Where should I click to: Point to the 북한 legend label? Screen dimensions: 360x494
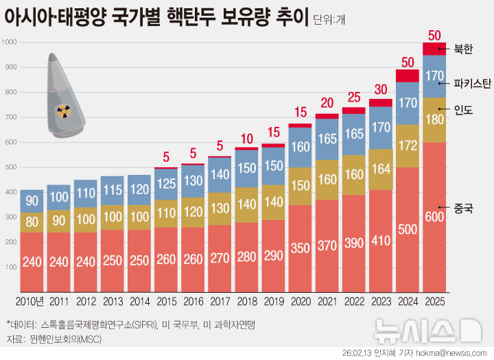click(464, 49)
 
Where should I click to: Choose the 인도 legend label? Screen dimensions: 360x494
click(464, 110)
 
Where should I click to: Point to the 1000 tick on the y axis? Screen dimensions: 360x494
click(10, 43)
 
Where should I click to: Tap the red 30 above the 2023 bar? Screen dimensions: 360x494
click(380, 89)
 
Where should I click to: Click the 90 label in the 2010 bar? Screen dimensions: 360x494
click(32, 200)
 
